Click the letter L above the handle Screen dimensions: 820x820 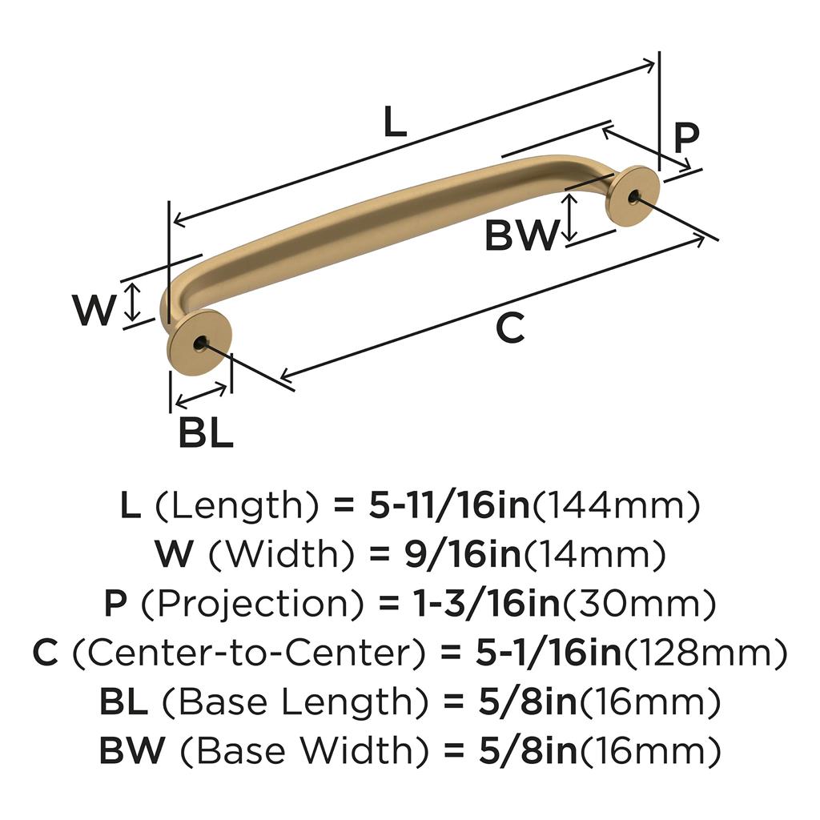(395, 123)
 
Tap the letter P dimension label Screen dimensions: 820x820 (685, 138)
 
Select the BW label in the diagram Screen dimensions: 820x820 (521, 235)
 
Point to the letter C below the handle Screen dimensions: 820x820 (510, 328)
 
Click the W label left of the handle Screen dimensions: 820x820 (94, 311)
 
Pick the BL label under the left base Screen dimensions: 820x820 (205, 433)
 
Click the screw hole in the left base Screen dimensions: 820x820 (199, 344)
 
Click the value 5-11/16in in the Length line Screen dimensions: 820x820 (449, 506)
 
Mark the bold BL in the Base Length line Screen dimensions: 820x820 (123, 703)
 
